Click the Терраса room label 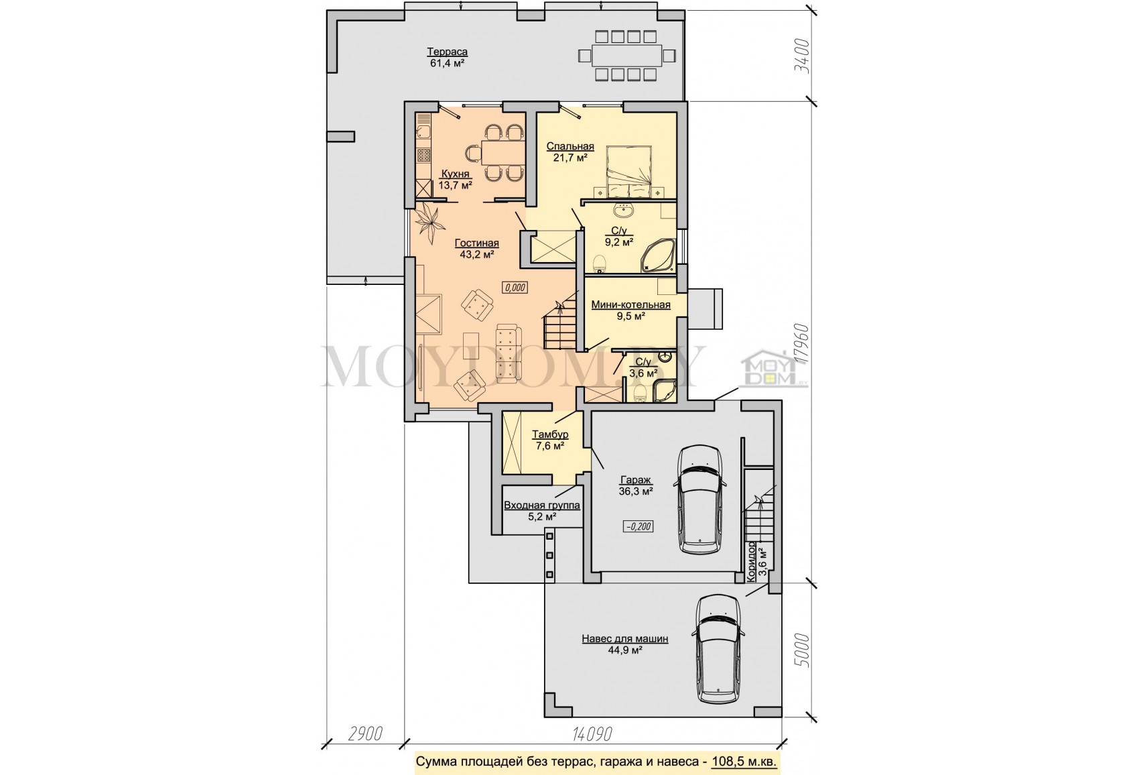[447, 52]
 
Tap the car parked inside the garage [700, 499]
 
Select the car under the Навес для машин [718, 649]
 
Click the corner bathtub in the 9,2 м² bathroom [658, 255]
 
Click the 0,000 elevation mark [515, 288]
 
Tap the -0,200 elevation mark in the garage [638, 526]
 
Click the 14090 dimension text [592, 733]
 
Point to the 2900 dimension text [365, 733]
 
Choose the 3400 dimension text [803, 56]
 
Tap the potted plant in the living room [430, 223]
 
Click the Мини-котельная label [630, 305]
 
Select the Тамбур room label [550, 434]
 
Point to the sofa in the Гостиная [509, 351]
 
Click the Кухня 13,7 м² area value [456, 185]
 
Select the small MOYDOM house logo [774, 367]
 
